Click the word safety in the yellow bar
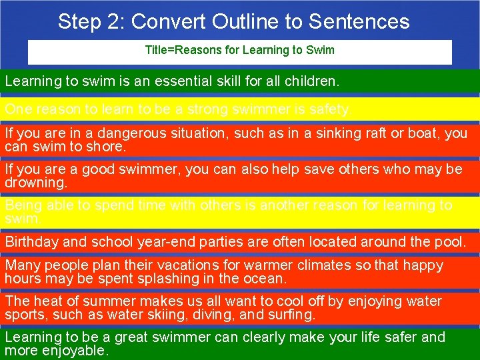click(330, 109)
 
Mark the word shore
click(108, 146)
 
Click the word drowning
click(35, 182)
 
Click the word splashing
click(168, 278)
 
